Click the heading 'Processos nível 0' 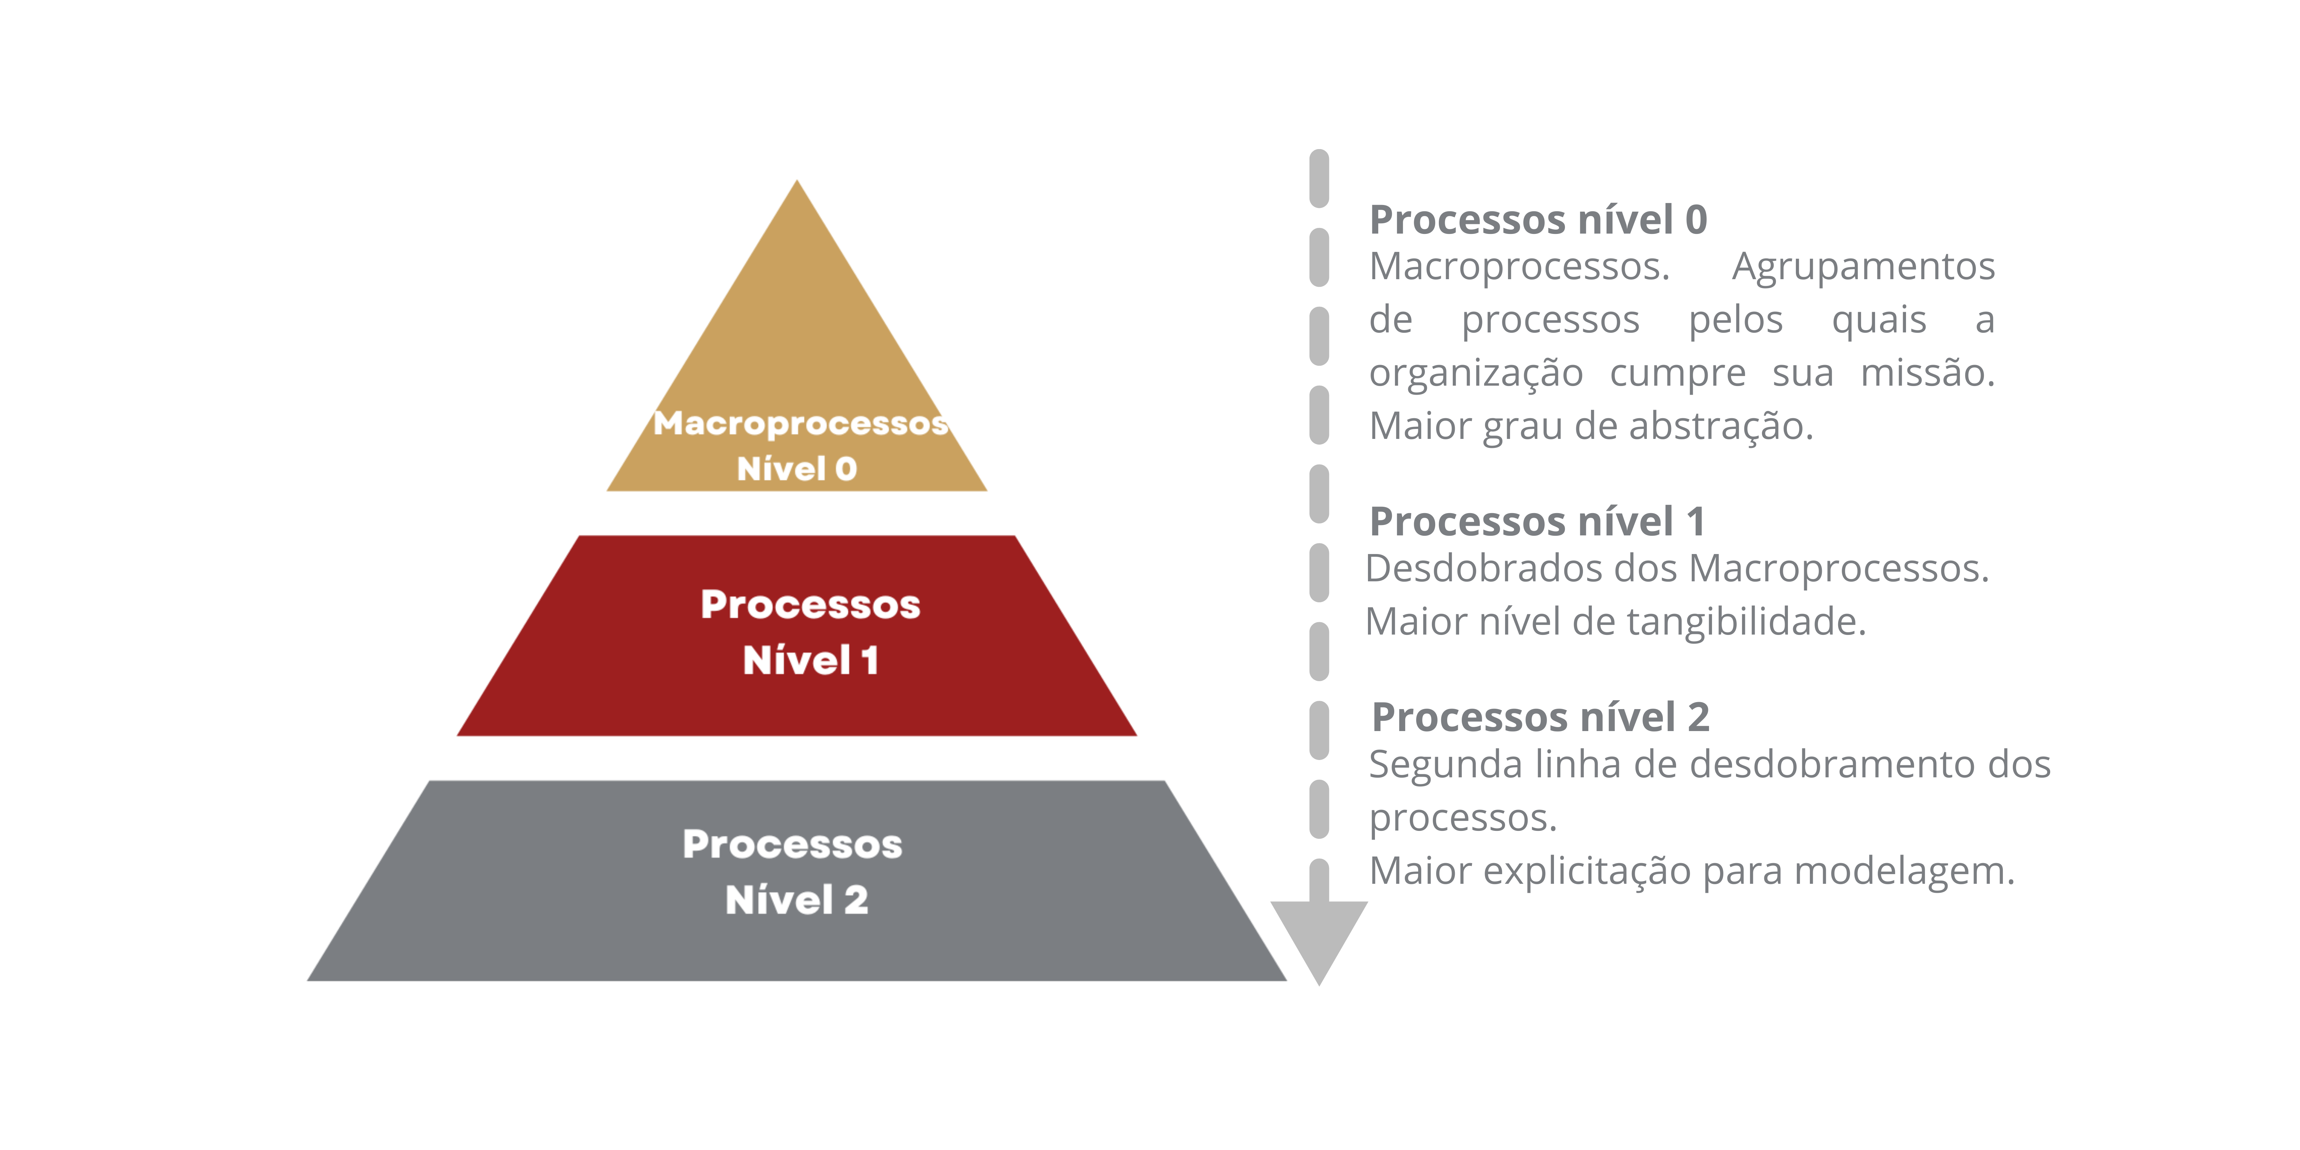1538,220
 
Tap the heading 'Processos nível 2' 1540,717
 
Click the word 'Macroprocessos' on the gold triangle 800,423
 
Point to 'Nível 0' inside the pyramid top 796,469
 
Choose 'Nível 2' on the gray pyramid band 796,900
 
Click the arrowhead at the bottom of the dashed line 1319,937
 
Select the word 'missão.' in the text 1927,373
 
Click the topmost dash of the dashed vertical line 1319,179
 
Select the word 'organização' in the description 1476,373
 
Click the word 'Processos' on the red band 810,605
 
